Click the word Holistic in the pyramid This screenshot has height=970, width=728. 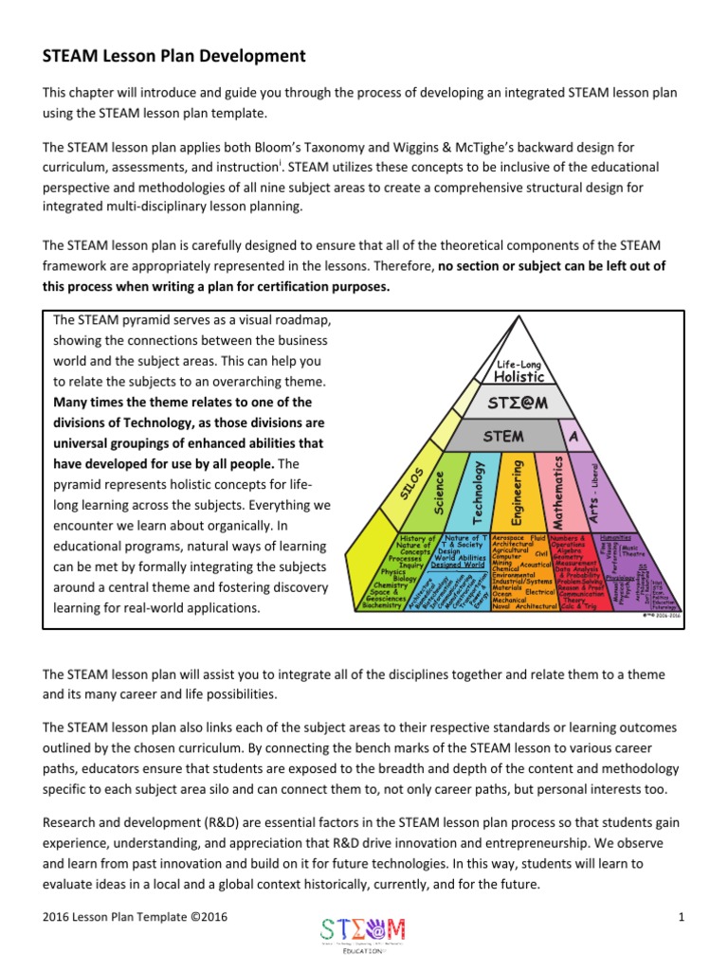[519, 377]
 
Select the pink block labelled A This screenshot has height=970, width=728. [573, 436]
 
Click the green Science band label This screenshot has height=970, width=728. [439, 493]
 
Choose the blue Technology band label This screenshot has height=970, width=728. [478, 493]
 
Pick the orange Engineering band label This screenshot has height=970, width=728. [517, 491]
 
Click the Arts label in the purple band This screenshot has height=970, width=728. [594, 494]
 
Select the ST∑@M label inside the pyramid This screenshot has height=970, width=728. [519, 404]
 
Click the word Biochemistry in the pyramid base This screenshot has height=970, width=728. [383, 606]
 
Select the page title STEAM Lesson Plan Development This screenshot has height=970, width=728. [174, 56]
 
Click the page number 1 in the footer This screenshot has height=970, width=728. [682, 916]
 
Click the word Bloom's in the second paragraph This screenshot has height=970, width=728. [251, 147]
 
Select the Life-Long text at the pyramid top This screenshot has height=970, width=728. [519, 364]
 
